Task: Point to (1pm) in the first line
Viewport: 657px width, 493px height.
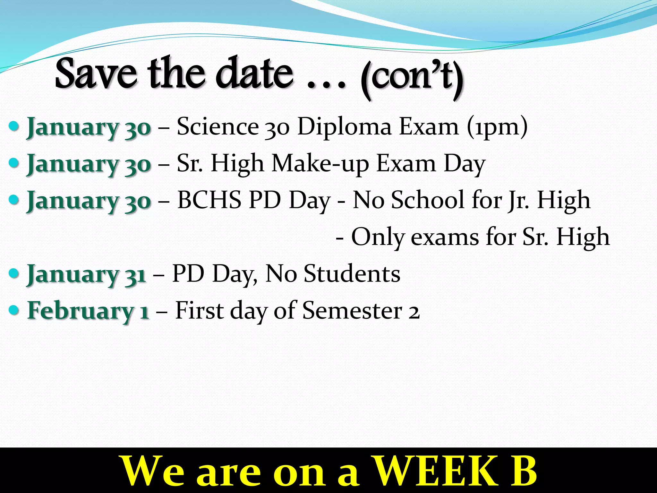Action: [497, 127]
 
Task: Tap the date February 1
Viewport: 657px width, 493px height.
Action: [88, 311]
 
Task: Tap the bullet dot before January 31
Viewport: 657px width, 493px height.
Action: [14, 274]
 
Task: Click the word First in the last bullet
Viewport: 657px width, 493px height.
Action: [199, 310]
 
